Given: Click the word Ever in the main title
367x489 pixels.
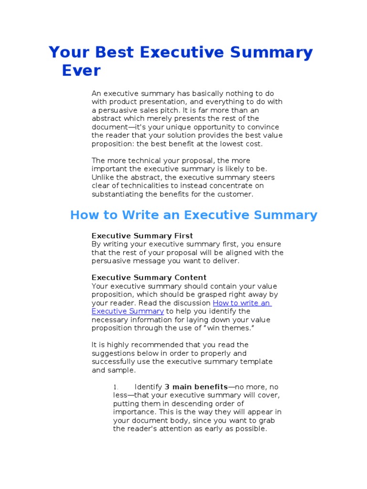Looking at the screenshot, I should (81, 70).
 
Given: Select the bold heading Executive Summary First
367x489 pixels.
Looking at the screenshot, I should (142, 235).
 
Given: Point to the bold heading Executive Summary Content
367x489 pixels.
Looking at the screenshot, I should (149, 277).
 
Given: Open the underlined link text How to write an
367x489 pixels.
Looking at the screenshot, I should (242, 303).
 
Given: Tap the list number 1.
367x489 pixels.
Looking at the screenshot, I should (115, 387).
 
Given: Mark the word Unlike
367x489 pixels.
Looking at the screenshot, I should (101, 177).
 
